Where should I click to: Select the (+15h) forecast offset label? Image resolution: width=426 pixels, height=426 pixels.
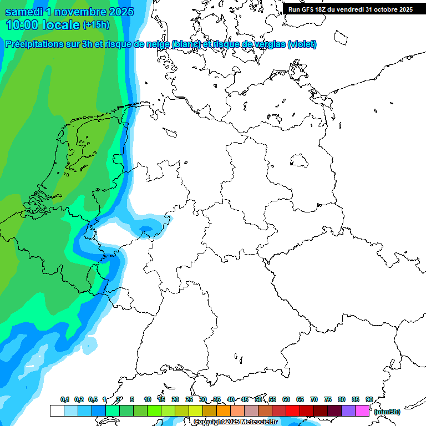coord(95,25)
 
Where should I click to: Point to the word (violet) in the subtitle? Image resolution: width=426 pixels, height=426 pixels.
coord(302,44)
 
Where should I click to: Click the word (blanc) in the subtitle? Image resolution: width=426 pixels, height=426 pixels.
coord(186,44)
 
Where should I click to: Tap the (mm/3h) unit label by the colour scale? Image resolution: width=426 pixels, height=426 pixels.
coord(387,412)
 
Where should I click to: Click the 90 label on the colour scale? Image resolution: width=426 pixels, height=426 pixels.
coord(369,399)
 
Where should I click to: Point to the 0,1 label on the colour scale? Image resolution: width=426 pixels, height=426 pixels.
coord(64,399)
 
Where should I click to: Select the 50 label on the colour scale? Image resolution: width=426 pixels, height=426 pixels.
coord(258,399)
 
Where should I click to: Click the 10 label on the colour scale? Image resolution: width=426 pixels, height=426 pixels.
coord(148,399)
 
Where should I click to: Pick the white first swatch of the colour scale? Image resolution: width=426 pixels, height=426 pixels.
coord(57,411)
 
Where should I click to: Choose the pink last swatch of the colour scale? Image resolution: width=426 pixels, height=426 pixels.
coord(362,411)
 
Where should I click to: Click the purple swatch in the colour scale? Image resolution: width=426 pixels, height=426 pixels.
coord(348,411)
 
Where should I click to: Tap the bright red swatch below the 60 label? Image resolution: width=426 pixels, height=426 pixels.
coord(293,411)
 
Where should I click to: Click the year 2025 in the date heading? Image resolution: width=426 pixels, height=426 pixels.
coord(118,12)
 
